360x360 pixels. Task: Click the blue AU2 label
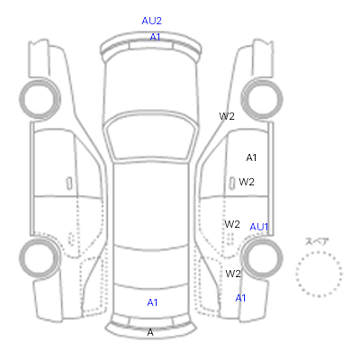[151, 21]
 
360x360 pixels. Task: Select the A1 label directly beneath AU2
[155, 37]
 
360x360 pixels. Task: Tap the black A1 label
[251, 157]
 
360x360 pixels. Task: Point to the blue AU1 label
[259, 227]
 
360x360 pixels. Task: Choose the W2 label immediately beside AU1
[232, 224]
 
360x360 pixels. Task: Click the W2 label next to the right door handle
[247, 182]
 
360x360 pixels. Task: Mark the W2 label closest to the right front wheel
[227, 116]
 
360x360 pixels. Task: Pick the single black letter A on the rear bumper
[150, 332]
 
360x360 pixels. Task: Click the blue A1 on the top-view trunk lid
[152, 302]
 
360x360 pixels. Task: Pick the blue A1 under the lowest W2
[240, 298]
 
